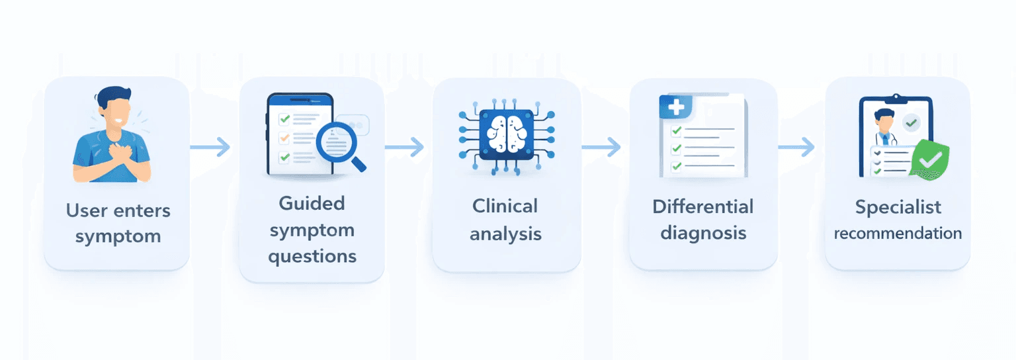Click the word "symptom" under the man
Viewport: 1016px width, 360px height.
click(x=118, y=236)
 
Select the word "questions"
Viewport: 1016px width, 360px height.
click(x=312, y=256)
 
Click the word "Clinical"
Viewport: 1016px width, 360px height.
click(x=505, y=206)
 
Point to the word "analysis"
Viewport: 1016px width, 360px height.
click(x=505, y=233)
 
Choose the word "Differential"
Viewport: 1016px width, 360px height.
click(x=702, y=206)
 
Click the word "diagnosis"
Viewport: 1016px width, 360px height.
click(x=702, y=233)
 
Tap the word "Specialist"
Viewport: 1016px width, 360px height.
click(x=898, y=207)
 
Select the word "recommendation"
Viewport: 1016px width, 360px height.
click(x=898, y=234)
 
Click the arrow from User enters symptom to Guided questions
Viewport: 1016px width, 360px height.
click(x=210, y=147)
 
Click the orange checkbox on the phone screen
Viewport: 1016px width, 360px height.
click(x=284, y=138)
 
